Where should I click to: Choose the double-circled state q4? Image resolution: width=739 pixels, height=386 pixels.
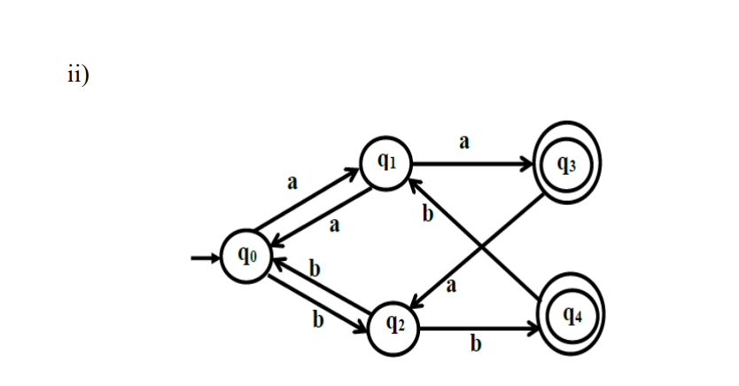[571, 317]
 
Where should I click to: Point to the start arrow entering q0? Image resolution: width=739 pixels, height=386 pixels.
[206, 258]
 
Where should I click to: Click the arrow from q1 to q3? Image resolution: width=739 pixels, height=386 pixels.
[474, 164]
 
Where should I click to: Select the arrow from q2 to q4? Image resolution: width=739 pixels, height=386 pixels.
[478, 330]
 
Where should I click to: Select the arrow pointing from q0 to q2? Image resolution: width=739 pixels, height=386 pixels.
[315, 306]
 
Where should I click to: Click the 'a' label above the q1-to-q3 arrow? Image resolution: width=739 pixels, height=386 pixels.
[463, 141]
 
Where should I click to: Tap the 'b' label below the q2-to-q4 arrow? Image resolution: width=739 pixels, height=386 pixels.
[475, 344]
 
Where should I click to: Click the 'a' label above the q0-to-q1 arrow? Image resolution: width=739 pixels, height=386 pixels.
[291, 182]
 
